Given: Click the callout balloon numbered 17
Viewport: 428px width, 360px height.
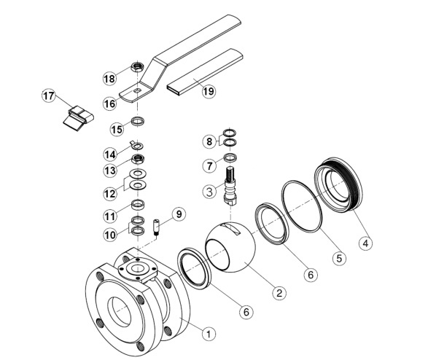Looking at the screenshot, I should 49,95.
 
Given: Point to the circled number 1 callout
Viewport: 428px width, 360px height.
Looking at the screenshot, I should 209,333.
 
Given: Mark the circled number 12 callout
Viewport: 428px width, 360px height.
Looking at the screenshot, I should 111,193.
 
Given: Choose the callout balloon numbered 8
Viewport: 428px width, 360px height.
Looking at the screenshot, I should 209,140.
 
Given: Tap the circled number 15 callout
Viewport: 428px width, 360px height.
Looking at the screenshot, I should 115,129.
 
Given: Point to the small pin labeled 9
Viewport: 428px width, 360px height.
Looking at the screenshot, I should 157,227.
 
